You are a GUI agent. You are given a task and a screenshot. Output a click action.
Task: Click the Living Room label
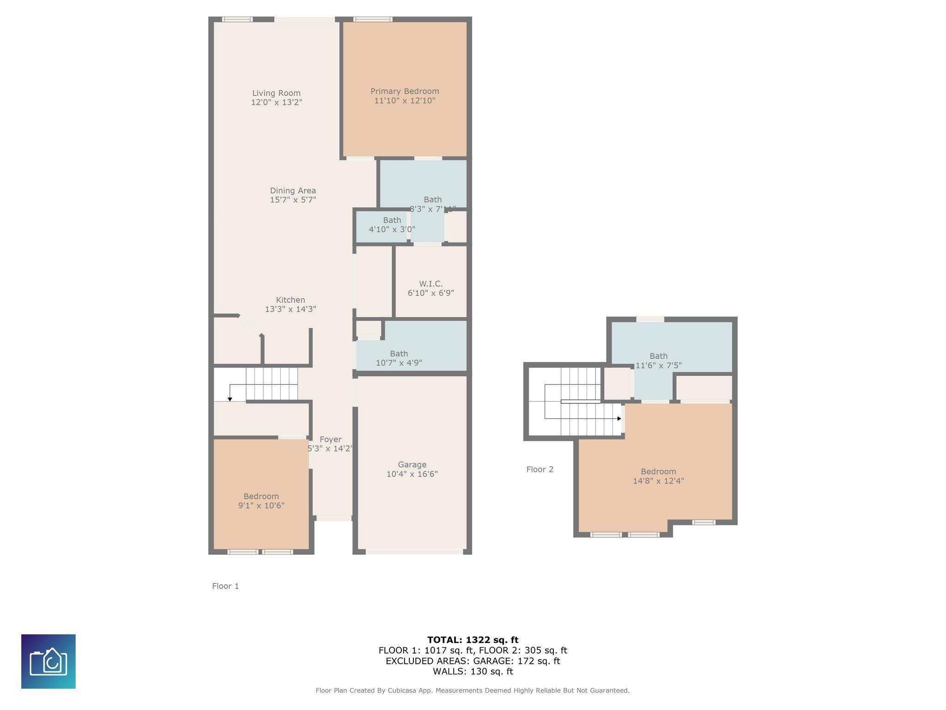[276, 93]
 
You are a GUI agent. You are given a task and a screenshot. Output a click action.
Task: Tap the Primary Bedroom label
[405, 92]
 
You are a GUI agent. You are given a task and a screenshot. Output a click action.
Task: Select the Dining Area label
[293, 190]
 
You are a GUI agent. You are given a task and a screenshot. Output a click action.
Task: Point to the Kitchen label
[291, 300]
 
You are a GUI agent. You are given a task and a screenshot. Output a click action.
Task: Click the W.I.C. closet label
[431, 284]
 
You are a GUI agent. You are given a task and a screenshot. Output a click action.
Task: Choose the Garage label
[412, 465]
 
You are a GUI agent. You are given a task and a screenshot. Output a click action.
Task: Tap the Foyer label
[330, 440]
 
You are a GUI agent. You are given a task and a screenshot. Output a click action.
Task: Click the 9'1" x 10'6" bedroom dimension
[261, 506]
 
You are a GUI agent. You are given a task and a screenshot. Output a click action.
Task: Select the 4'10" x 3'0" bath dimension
[392, 229]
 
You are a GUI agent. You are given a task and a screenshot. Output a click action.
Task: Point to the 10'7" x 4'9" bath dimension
[399, 363]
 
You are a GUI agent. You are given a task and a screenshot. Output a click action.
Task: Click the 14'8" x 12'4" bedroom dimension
[658, 481]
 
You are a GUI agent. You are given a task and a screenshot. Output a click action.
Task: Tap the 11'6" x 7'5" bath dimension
[658, 365]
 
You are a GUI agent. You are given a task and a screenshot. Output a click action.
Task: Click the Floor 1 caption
[225, 586]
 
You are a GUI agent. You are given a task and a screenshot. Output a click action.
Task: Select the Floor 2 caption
[540, 469]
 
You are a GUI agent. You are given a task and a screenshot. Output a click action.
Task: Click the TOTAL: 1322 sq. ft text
[473, 640]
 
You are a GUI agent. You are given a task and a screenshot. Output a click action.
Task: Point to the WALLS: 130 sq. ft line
[473, 672]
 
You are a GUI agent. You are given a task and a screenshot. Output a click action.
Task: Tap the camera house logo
[49, 661]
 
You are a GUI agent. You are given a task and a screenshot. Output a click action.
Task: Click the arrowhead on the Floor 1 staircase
[230, 399]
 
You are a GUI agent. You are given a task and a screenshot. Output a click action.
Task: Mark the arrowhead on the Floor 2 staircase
[619, 418]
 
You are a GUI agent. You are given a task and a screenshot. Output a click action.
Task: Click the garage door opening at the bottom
[414, 551]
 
